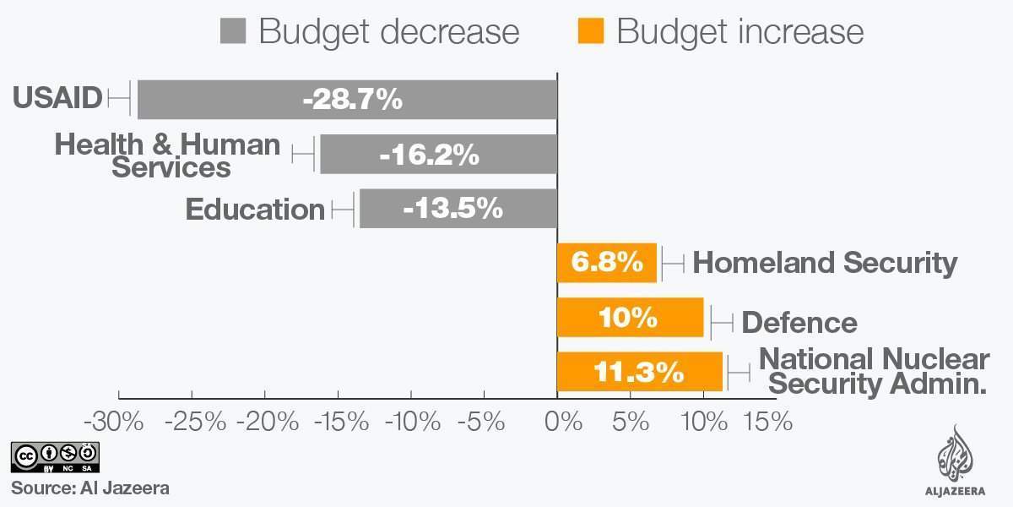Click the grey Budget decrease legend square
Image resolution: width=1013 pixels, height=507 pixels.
pos(232,32)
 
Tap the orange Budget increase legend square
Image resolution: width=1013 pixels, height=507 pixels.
pos(590,32)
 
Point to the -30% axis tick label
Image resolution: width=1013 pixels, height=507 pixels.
pos(119,421)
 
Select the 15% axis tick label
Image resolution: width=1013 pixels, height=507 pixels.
pos(767,421)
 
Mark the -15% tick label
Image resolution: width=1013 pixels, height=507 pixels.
pos(337,421)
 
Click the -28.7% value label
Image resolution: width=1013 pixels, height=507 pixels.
pos(352,100)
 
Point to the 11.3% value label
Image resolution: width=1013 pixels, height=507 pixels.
pos(639,372)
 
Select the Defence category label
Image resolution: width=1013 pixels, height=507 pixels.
pos(799,322)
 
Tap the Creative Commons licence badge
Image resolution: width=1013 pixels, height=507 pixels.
pos(55,457)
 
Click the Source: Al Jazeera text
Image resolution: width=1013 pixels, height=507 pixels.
pos(90,488)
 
